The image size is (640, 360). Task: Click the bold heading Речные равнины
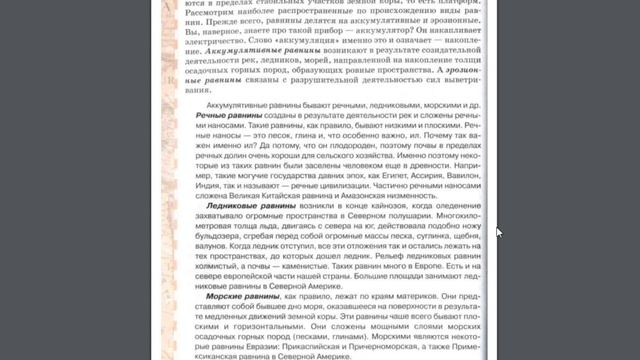point(226,118)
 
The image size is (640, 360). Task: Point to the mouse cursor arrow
point(498,231)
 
